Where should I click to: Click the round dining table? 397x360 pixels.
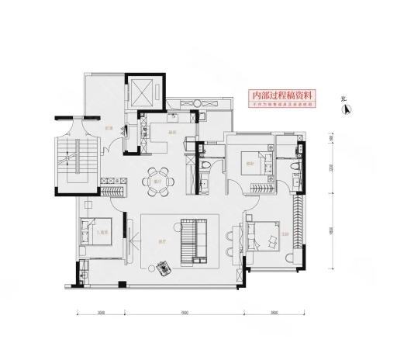(x=157, y=179)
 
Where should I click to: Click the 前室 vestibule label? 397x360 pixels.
(x=109, y=128)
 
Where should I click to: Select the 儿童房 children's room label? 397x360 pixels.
(x=101, y=230)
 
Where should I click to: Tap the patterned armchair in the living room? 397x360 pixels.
(x=163, y=268)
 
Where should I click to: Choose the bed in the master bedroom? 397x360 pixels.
(x=263, y=234)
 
